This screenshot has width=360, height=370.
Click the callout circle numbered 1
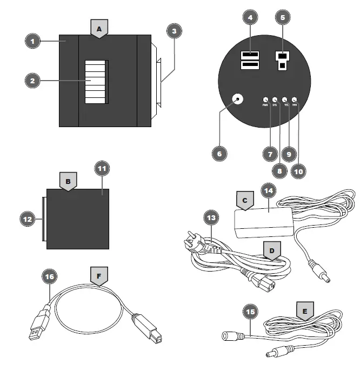click(32, 41)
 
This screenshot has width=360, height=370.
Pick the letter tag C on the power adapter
click(245, 201)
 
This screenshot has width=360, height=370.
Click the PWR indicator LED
click(265, 100)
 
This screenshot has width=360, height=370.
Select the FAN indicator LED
click(295, 100)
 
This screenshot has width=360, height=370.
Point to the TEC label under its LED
click(285, 105)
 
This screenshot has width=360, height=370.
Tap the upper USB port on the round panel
click(249, 55)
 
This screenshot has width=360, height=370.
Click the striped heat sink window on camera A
click(95, 82)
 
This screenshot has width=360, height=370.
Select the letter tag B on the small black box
click(68, 183)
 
